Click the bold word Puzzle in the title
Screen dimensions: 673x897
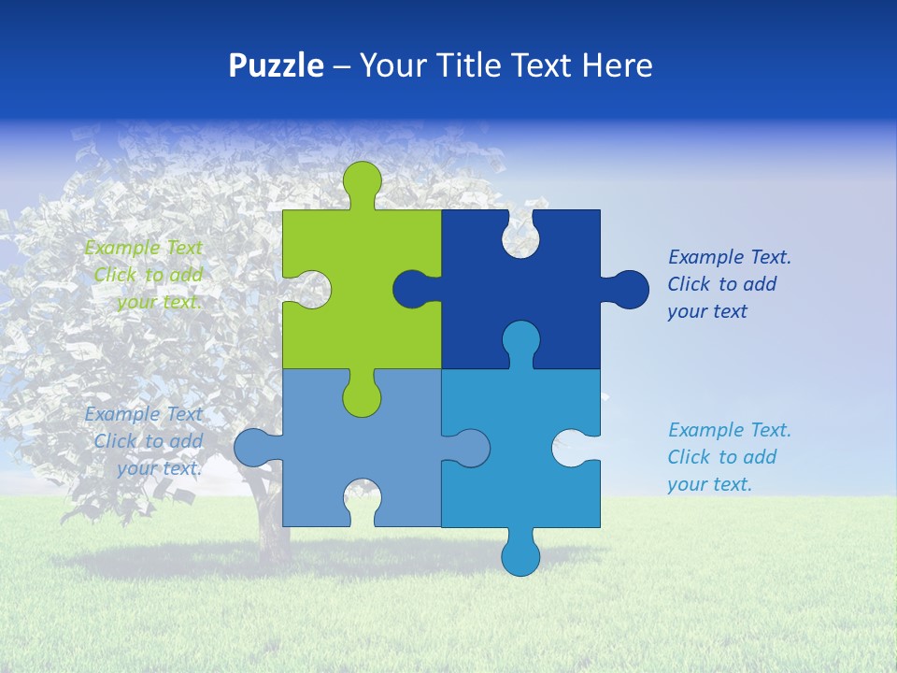click(x=276, y=65)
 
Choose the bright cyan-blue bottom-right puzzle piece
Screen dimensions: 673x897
click(x=523, y=486)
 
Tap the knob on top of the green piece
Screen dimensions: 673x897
click(x=363, y=180)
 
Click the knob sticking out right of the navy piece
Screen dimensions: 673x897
click(x=628, y=289)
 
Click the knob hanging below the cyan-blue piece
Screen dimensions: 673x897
click(x=520, y=554)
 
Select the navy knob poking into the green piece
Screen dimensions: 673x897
click(x=412, y=289)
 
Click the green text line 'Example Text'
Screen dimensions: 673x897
click(x=143, y=248)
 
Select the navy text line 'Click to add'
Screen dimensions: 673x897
click(x=721, y=284)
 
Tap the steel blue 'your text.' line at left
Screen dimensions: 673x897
click(x=159, y=468)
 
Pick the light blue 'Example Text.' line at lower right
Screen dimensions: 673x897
click(x=729, y=430)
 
